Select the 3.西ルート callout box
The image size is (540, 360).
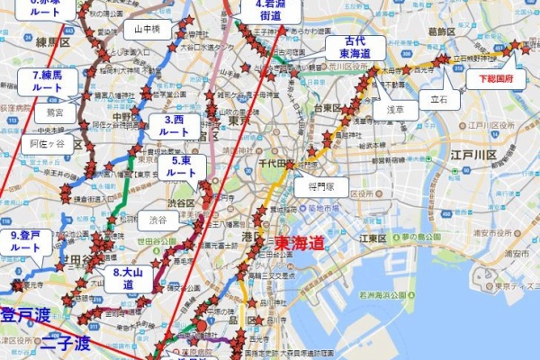click(174, 125)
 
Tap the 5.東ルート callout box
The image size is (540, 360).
click(181, 166)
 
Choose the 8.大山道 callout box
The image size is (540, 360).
click(123, 277)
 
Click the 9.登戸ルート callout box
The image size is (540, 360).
click(25, 240)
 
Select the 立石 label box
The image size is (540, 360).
click(438, 99)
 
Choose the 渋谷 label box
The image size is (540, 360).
click(157, 219)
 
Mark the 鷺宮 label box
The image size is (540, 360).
click(55, 114)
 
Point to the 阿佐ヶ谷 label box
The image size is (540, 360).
click(47, 143)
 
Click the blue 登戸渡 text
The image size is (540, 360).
click(25, 315)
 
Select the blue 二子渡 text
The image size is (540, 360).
click(65, 343)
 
